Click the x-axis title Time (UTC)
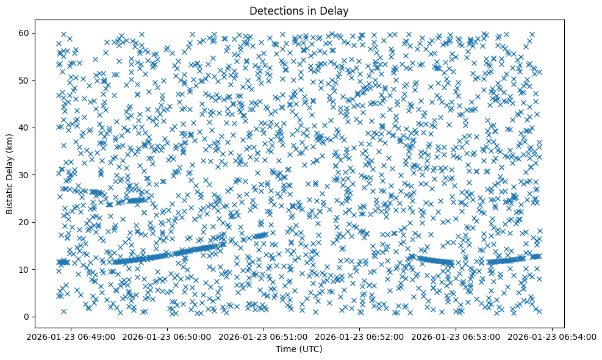299,350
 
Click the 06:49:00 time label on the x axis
71,336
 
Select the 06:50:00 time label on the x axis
167,336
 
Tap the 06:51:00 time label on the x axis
263,336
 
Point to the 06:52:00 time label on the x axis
360,336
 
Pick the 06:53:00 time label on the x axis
456,336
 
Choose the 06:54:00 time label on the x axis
553,336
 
